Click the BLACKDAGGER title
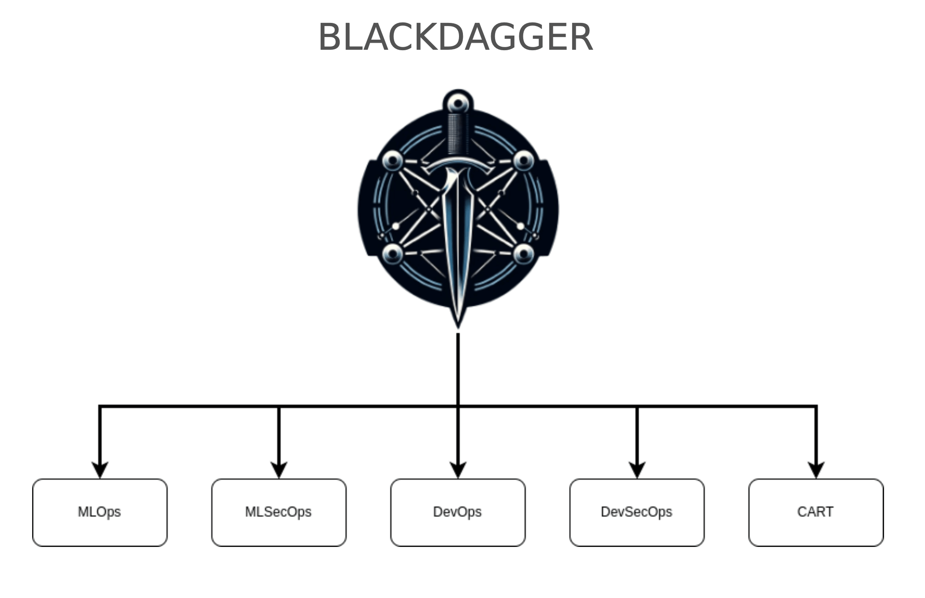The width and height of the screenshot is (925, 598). [x=456, y=37]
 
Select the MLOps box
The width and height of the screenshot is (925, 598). [x=100, y=512]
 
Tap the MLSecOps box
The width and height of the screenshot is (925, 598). [x=279, y=512]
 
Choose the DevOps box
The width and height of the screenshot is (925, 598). [x=458, y=512]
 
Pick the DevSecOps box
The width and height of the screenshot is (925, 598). [x=636, y=512]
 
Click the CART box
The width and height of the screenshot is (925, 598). [x=816, y=512]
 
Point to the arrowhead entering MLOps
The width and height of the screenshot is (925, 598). [x=100, y=470]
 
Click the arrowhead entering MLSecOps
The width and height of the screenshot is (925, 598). [x=279, y=470]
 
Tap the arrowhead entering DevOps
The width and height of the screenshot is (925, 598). [x=458, y=470]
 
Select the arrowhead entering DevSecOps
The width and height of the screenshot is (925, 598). [x=637, y=470]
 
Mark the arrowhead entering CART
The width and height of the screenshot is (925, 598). [x=816, y=470]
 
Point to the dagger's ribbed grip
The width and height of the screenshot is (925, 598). [x=458, y=134]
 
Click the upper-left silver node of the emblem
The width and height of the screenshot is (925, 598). [x=392, y=161]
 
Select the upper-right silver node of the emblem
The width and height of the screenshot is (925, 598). [x=524, y=161]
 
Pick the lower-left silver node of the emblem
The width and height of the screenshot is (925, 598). [x=392, y=254]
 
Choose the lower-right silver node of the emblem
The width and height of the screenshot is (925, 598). [x=523, y=254]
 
